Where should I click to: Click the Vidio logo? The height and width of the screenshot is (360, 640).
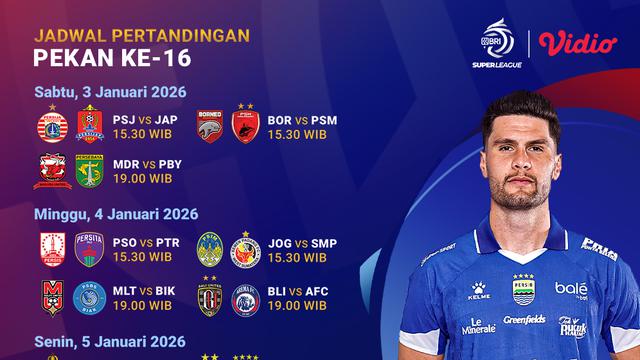pos(577,42)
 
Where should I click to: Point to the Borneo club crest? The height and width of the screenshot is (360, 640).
pos(209,123)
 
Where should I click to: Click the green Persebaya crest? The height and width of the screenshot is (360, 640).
pos(90,171)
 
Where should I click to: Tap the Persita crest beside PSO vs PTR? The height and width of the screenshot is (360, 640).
pos(90,249)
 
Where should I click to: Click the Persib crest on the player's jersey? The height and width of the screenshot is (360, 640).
pos(523,289)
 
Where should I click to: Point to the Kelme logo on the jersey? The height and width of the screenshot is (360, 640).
pos(479,291)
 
